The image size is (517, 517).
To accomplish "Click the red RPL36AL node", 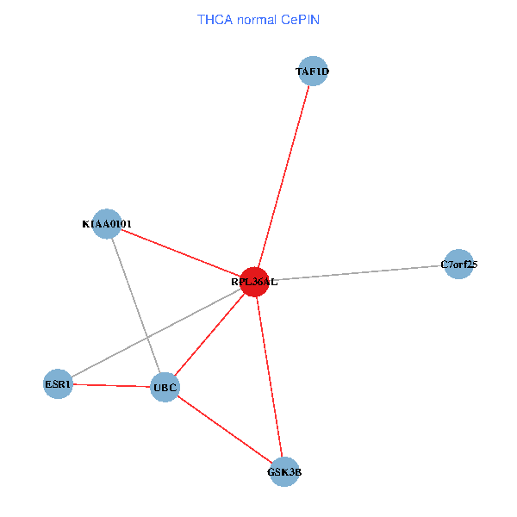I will pos(254,281).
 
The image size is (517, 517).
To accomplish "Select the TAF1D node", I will pos(312,72).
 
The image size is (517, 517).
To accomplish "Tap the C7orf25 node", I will pos(459,265).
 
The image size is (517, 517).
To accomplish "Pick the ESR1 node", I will pos(58,383).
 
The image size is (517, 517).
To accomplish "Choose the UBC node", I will pos(165,388).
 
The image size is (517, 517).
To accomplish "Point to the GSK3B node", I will pos(284,471).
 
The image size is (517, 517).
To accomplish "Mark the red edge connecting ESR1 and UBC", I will pos(111,385).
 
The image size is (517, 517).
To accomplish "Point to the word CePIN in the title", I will pos(299,19).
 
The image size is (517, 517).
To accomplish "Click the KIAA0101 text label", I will pos(107,225).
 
